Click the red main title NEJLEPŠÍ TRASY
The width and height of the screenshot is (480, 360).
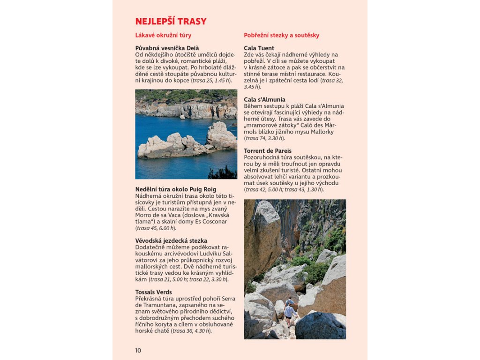pyautogui.click(x=171, y=22)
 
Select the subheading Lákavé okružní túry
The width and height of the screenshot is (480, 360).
pyautogui.click(x=163, y=35)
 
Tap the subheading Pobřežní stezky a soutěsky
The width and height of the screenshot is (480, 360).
pyautogui.click(x=281, y=35)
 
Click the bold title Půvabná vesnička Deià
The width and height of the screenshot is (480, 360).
pyautogui.click(x=167, y=48)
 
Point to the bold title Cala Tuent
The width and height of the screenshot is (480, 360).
pyautogui.click(x=259, y=48)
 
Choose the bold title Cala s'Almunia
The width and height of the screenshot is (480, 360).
pyautogui.click(x=264, y=99)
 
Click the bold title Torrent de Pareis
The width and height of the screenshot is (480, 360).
pyautogui.click(x=268, y=150)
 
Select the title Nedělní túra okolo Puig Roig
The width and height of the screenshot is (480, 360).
pyautogui.click(x=176, y=189)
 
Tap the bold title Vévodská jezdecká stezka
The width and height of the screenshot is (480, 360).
pyautogui.click(x=171, y=240)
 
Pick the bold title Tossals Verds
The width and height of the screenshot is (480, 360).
pyautogui.click(x=153, y=292)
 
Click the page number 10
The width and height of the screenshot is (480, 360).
pyautogui.click(x=138, y=350)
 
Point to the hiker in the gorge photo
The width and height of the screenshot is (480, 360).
pyautogui.click(x=290, y=311)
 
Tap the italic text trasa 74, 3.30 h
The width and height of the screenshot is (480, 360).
pyautogui.click(x=264, y=138)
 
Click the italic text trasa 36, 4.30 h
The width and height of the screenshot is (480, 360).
pyautogui.click(x=191, y=330)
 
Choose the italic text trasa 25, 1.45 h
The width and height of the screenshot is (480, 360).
pyautogui.click(x=211, y=80)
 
